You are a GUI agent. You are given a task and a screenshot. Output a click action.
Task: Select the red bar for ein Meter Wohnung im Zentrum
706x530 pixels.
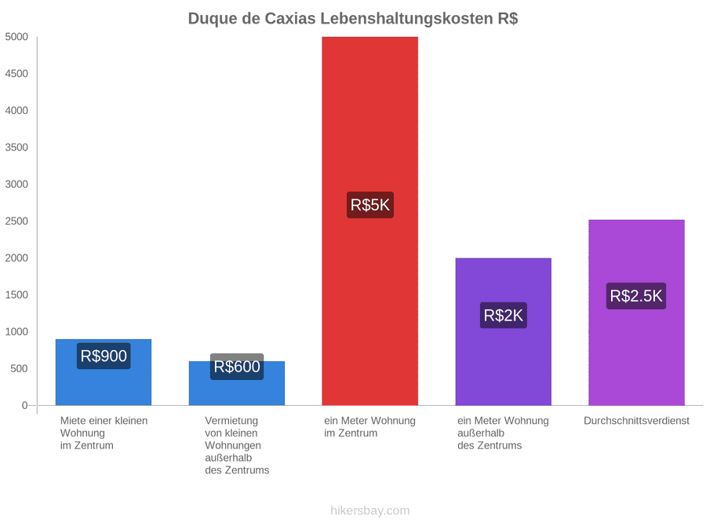[x=369, y=221]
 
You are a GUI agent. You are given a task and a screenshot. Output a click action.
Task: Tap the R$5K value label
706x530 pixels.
[x=370, y=205]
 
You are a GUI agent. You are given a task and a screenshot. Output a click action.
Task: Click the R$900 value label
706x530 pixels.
[x=104, y=356]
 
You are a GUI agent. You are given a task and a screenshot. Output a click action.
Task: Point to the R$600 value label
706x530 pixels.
[x=237, y=367]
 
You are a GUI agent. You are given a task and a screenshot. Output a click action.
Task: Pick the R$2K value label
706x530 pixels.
[x=504, y=315]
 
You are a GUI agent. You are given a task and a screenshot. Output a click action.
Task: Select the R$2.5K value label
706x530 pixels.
[x=636, y=296]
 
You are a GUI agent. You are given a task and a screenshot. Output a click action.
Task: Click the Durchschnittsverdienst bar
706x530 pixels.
[x=637, y=313]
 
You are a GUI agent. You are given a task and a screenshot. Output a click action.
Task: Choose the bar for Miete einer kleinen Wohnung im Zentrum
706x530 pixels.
[x=104, y=372]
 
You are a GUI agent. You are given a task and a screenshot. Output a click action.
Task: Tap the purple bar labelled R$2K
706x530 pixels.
[x=504, y=331]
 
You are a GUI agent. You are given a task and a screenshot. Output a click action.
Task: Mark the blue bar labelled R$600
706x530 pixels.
[x=237, y=383]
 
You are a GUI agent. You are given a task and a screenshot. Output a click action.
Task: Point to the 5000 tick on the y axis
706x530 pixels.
[x=16, y=36]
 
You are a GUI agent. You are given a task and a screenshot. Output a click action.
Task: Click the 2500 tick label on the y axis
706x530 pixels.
[x=16, y=221]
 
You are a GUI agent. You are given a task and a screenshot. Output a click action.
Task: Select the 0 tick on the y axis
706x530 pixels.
[x=25, y=405]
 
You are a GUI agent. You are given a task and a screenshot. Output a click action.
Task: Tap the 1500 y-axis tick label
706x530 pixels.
[x=16, y=294]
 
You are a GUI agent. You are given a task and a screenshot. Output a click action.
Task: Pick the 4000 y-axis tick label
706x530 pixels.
[x=16, y=111]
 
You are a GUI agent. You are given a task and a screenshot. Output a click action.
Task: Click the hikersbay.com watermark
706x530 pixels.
[x=370, y=510]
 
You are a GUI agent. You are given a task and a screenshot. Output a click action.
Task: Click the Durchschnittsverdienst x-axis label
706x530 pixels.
[x=637, y=421]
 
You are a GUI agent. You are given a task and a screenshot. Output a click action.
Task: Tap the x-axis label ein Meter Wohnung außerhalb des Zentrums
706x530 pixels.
[x=503, y=433]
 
